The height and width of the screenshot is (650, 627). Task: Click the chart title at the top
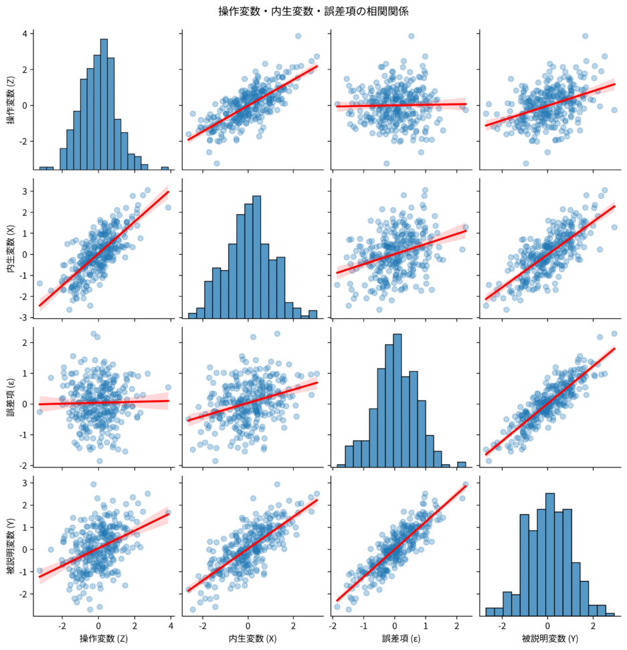(313, 11)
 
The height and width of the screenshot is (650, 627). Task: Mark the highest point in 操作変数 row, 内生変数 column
(298, 36)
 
